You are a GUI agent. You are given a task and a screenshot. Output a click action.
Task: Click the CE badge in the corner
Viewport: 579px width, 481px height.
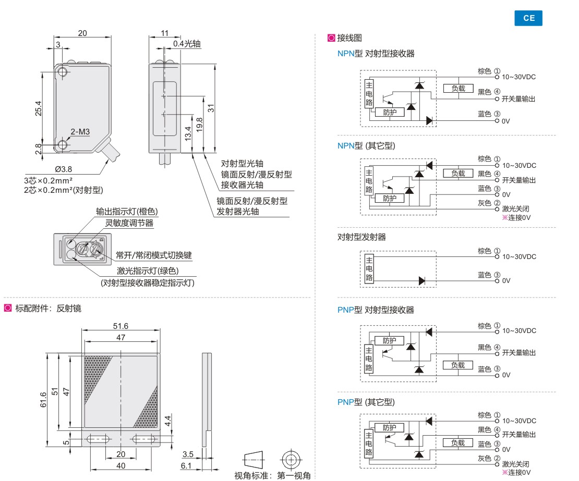528,18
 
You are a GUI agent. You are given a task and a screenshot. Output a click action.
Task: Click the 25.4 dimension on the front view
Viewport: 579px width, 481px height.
39,108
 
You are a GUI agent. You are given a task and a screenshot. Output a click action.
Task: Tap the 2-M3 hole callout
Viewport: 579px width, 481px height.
81,132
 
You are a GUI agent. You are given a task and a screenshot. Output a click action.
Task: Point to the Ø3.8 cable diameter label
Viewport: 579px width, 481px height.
63,169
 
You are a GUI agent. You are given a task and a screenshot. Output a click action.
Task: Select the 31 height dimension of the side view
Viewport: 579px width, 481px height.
211,108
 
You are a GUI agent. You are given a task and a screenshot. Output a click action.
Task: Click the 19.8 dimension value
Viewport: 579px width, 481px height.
199,126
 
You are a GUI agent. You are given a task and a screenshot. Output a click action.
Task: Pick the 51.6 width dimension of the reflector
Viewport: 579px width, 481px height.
120,326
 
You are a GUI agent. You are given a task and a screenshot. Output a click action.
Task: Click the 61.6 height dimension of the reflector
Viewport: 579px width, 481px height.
43,400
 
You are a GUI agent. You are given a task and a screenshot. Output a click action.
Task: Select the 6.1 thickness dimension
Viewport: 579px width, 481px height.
186,465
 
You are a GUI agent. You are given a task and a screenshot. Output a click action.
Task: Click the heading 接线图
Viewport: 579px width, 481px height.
349,38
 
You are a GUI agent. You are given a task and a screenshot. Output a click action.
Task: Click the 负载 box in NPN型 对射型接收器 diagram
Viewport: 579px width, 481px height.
458,89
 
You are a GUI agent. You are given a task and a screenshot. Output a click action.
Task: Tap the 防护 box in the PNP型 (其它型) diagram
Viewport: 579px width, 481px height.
389,428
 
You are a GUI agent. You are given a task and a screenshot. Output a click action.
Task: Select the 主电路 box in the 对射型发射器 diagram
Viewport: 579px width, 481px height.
369,268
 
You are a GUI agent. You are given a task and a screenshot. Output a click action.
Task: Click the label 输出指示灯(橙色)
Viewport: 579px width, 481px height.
126,212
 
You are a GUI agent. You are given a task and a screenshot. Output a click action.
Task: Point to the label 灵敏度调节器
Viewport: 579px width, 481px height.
129,223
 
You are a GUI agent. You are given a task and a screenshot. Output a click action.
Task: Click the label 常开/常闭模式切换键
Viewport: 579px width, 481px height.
154,255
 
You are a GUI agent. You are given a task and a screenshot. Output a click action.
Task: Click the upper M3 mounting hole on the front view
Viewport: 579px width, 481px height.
63,72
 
